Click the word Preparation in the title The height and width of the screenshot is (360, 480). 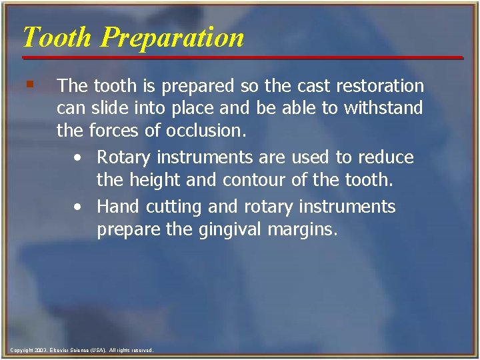click(173, 38)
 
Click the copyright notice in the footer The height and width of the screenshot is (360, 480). click(82, 350)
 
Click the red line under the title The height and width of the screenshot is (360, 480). click(240, 58)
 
